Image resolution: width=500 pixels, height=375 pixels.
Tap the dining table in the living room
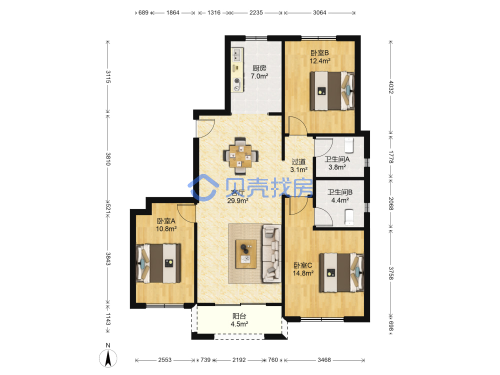click(240, 156)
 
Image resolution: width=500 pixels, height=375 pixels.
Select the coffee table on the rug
click(246, 254)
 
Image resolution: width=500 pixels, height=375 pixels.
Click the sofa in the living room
click(271, 254)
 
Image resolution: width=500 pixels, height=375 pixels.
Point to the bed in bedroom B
click(332, 91)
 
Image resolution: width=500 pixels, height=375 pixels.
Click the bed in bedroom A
click(158, 263)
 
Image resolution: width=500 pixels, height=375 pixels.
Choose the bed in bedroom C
click(341, 272)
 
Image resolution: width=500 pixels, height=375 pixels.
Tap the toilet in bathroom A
click(349, 145)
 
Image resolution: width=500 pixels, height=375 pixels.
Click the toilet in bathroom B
click(349, 217)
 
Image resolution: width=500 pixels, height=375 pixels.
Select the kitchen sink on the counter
click(237, 55)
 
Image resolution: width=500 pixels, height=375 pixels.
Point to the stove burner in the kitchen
click(237, 81)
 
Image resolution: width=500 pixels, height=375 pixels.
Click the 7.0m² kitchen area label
click(259, 76)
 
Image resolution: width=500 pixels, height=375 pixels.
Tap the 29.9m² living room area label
click(237, 201)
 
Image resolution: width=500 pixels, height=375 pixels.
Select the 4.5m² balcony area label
click(239, 324)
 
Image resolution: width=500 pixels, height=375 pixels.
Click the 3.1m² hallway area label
click(299, 170)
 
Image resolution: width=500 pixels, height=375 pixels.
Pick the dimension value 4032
click(391, 87)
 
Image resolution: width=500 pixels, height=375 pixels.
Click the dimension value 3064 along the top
click(319, 13)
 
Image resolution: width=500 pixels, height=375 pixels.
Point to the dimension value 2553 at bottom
click(165, 360)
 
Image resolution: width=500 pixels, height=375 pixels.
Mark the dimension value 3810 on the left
click(108, 159)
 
